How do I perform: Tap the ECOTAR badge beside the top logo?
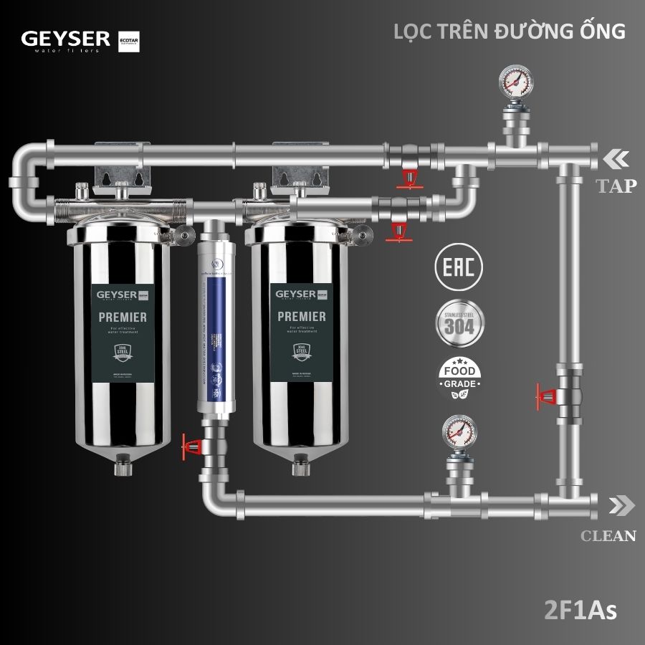pos(128,42)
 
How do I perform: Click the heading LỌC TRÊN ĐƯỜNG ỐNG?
pos(510,32)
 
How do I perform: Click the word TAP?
pos(616,186)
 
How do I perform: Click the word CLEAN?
pos(608,535)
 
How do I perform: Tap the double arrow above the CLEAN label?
pos(621,505)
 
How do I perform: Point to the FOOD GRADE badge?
pos(459,378)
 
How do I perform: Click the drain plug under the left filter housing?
pos(119,470)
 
